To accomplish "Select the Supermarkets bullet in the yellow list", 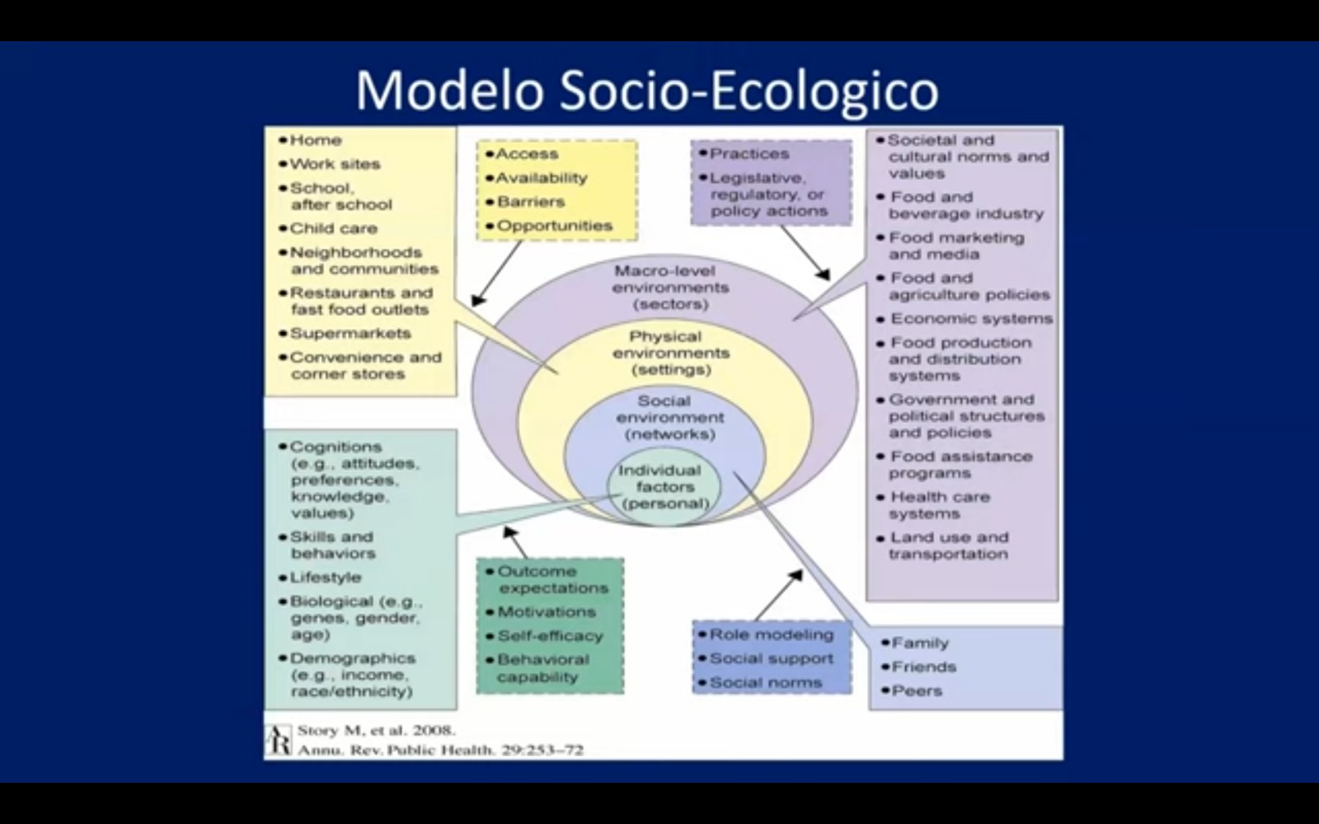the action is point(350,333).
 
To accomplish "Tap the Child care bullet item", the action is point(333,228).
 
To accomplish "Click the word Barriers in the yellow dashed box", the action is point(531,202).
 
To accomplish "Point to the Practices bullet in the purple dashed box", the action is point(749,153).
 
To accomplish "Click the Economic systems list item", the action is point(972,318).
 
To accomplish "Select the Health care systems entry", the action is point(940,505).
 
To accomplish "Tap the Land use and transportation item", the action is point(949,545).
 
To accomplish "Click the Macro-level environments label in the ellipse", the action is point(671,288).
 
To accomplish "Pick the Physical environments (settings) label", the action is point(671,353).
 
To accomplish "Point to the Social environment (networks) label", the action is point(670,418).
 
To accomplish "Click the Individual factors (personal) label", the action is point(664,487).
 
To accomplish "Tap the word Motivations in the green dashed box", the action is point(547,612).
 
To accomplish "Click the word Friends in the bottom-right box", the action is point(924,667).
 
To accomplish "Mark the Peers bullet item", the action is point(917,691).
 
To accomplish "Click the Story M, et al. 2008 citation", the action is point(377,730).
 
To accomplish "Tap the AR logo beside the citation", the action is point(279,741).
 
